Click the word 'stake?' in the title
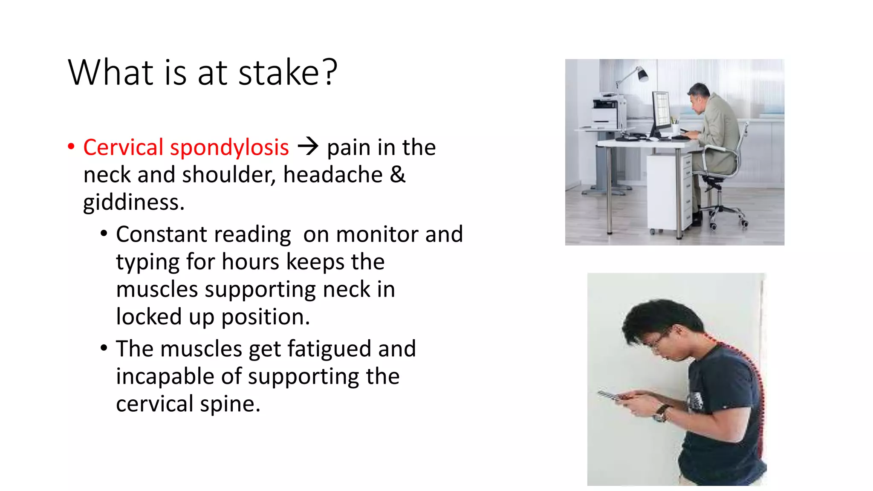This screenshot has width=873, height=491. coord(288,73)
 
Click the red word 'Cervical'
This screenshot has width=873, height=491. coord(123,147)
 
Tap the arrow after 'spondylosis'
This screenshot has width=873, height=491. coord(308,147)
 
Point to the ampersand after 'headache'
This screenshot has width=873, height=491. coord(397,175)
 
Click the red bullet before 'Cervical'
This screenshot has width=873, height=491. coord(71,147)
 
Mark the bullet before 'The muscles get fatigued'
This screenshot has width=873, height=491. coord(104,348)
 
